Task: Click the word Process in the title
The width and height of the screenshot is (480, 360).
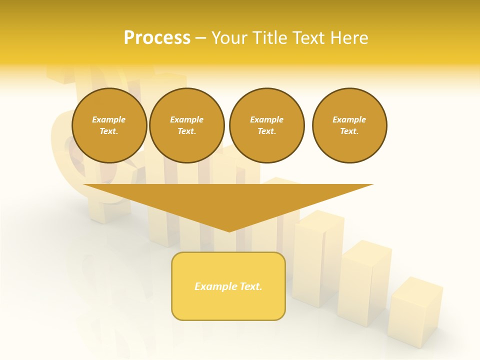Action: tap(157, 38)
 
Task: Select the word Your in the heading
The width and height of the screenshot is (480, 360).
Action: tap(229, 38)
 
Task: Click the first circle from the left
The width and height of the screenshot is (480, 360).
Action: tap(109, 125)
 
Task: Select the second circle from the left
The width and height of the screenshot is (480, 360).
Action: tap(187, 125)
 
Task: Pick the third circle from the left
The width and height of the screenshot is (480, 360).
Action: tap(266, 125)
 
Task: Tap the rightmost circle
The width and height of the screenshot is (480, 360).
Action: tap(349, 125)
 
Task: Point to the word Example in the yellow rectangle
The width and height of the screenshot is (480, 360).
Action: tap(215, 286)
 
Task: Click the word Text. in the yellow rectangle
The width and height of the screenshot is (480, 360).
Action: tap(250, 286)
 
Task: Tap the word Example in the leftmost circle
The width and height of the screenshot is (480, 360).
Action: tap(109, 119)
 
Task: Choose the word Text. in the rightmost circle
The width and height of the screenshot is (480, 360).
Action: tap(349, 131)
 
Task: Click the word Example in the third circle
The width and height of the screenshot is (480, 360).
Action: tap(266, 119)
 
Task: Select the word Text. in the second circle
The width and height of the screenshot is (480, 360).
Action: tap(187, 131)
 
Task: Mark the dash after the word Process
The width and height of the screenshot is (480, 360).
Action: tap(200, 38)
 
